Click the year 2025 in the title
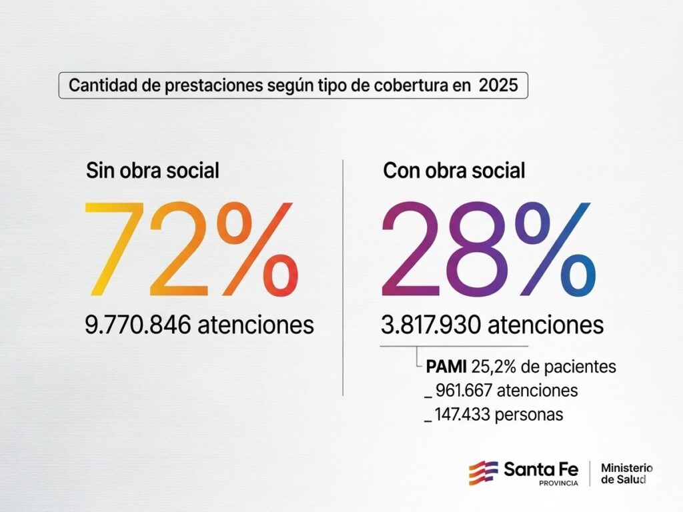[x=498, y=87]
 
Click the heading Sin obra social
[x=153, y=170]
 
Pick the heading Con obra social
[x=454, y=170]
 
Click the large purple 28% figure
[x=487, y=250]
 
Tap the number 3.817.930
[x=432, y=326]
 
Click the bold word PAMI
[x=447, y=366]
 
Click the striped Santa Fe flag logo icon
[x=483, y=472]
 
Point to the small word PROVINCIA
[x=558, y=483]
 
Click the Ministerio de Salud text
[x=626, y=473]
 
